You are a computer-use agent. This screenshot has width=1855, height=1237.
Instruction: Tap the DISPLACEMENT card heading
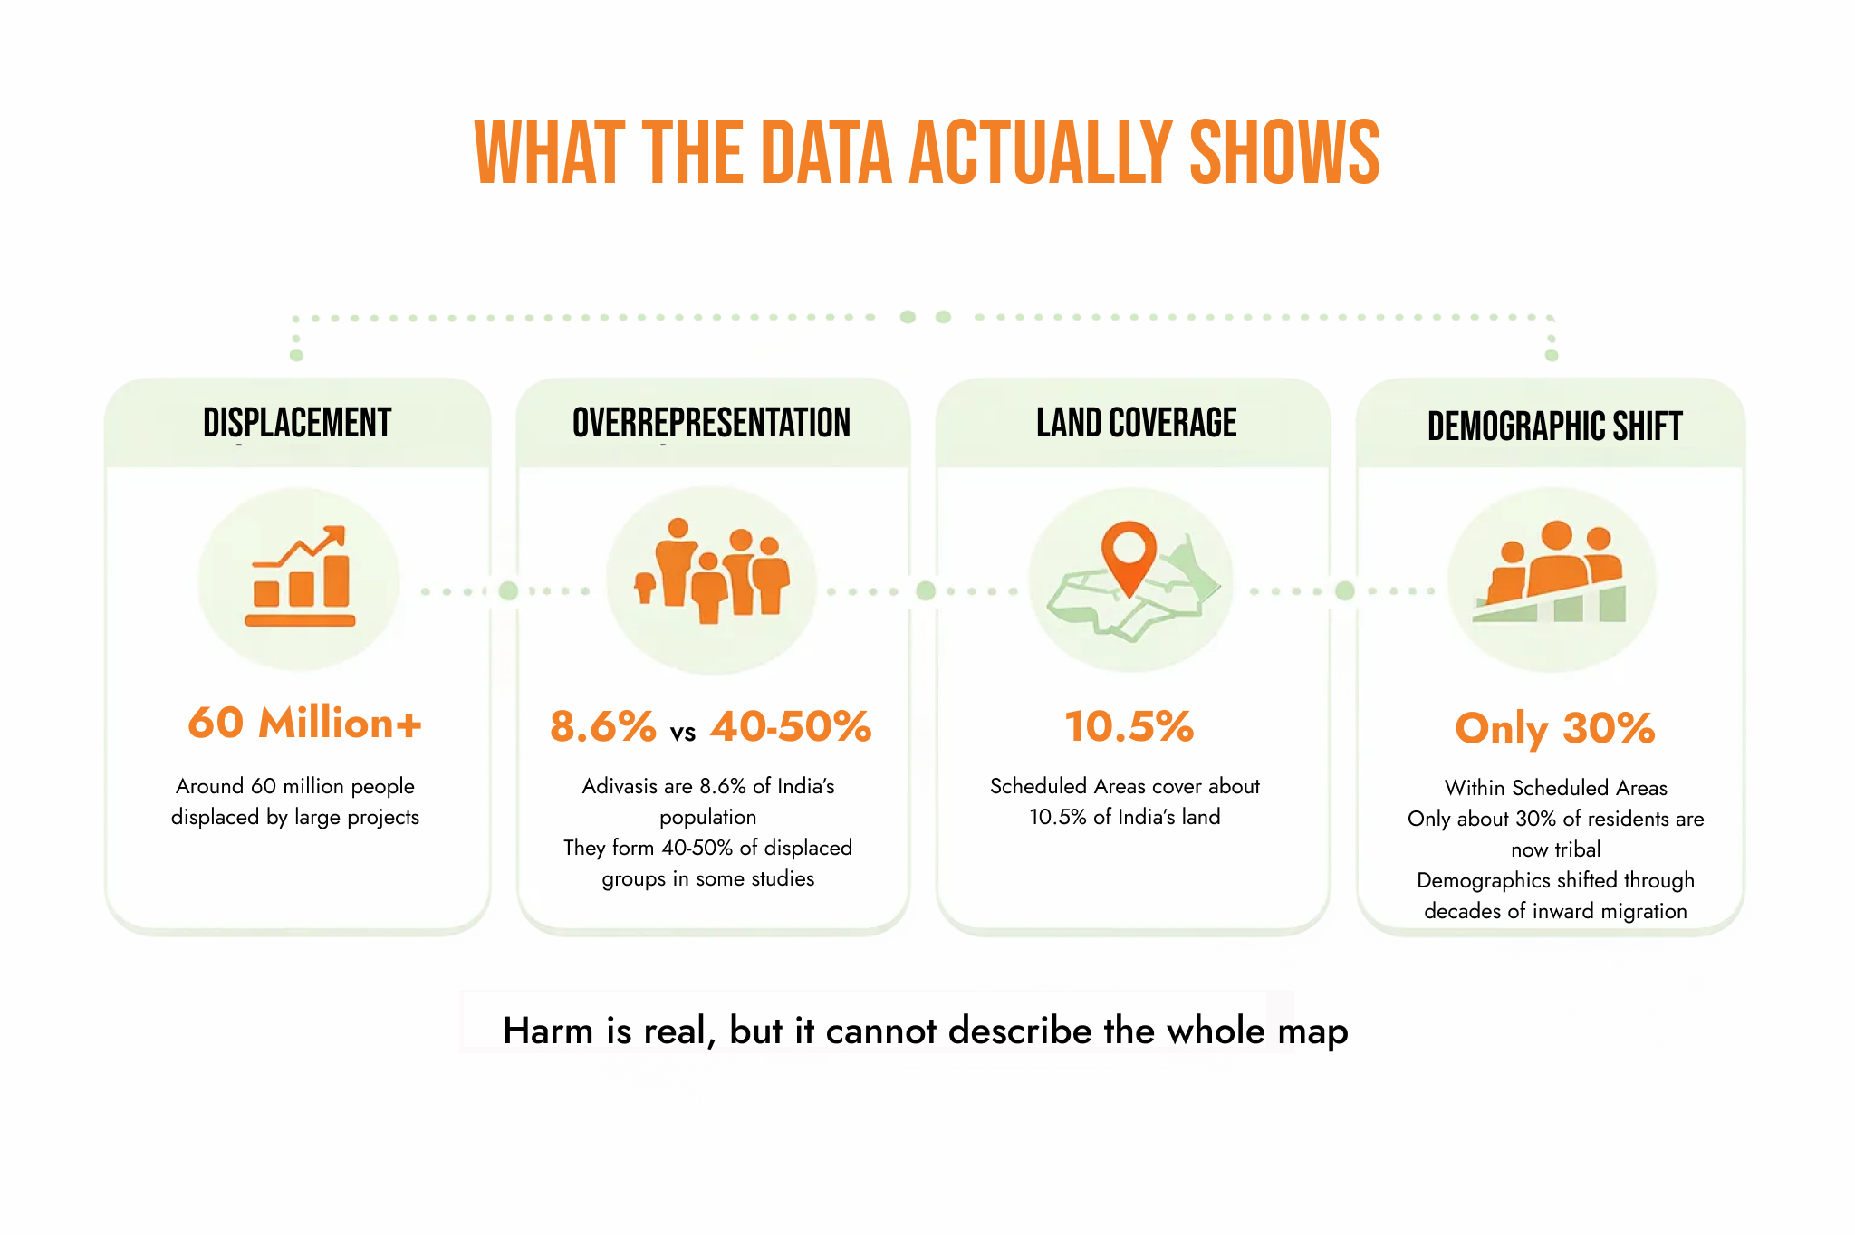(x=297, y=423)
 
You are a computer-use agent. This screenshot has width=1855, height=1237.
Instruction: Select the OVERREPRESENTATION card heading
(x=712, y=423)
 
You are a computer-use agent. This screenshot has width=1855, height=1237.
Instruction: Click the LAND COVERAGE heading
(x=1137, y=423)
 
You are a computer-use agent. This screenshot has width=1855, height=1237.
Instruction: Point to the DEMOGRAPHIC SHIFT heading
(x=1555, y=426)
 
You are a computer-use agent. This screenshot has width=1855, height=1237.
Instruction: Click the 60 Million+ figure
(x=304, y=723)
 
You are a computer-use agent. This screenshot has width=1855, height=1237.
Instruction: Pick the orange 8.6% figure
(x=603, y=726)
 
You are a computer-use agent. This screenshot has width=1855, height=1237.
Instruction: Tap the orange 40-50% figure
(x=791, y=726)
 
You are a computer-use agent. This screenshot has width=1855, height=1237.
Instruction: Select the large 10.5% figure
(x=1129, y=726)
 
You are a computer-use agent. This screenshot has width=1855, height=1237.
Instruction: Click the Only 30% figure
(x=1555, y=729)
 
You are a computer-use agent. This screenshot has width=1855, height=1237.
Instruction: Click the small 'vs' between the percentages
(x=683, y=733)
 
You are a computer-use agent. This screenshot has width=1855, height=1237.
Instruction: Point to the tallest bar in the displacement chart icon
(x=336, y=580)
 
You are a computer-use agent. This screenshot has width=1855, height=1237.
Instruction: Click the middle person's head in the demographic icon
(x=1557, y=535)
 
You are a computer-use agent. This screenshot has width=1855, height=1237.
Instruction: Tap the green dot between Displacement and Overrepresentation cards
(x=509, y=591)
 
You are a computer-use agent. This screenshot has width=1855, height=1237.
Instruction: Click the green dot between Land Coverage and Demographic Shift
(x=1345, y=591)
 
